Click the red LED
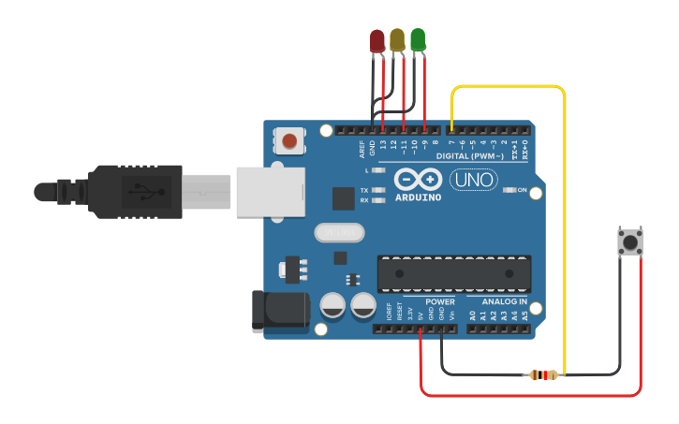(x=377, y=40)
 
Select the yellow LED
(x=397, y=39)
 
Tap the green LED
(x=418, y=39)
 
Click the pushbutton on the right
(x=630, y=242)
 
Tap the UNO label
(x=474, y=179)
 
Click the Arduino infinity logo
(x=418, y=178)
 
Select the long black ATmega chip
(x=453, y=272)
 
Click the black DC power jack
(x=280, y=311)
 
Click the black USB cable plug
(x=131, y=192)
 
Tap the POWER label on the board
(x=439, y=302)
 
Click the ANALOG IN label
(x=504, y=302)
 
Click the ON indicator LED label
(x=536, y=191)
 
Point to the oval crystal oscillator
(x=338, y=232)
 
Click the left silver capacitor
(x=332, y=305)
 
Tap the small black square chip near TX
(x=344, y=197)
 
